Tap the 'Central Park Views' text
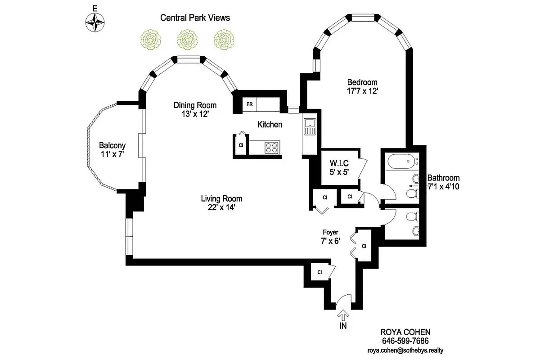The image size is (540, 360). [x=195, y=18]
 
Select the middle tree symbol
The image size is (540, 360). [x=185, y=40]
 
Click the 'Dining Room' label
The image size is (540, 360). [x=195, y=105]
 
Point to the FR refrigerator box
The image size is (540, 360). [x=250, y=104]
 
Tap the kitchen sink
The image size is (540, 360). [x=310, y=126]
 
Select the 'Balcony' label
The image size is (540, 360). [x=112, y=145]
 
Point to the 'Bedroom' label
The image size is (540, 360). [x=362, y=82]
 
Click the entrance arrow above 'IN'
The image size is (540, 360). [x=343, y=315]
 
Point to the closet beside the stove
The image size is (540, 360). [x=241, y=145]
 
